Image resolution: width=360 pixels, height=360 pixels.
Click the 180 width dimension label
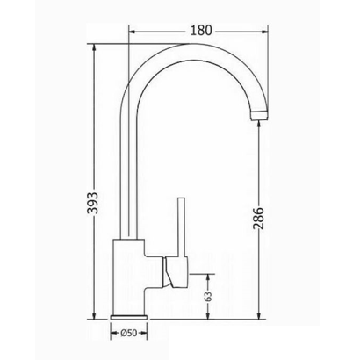(x=201, y=30)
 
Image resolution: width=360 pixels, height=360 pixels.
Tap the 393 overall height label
(x=93, y=203)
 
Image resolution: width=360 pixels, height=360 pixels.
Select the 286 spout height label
(x=258, y=219)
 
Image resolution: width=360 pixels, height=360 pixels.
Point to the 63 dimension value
(x=208, y=297)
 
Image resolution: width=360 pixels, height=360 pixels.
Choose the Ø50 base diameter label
(x=129, y=333)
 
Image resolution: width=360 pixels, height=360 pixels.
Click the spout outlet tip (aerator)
(x=259, y=115)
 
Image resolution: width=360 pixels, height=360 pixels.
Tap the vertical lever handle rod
(x=182, y=227)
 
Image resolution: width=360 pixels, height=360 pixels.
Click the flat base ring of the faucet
(x=129, y=317)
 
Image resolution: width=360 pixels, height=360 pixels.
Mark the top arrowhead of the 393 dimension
(x=94, y=48)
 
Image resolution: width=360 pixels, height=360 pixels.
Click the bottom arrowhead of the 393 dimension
(x=94, y=314)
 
